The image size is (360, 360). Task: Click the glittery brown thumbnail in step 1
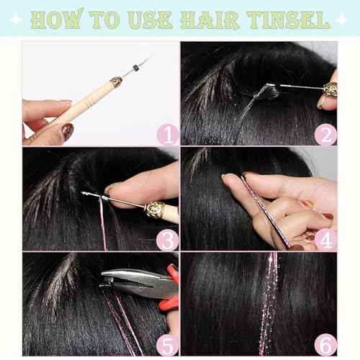click(x=66, y=131)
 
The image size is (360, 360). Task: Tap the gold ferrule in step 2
click(x=328, y=89)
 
